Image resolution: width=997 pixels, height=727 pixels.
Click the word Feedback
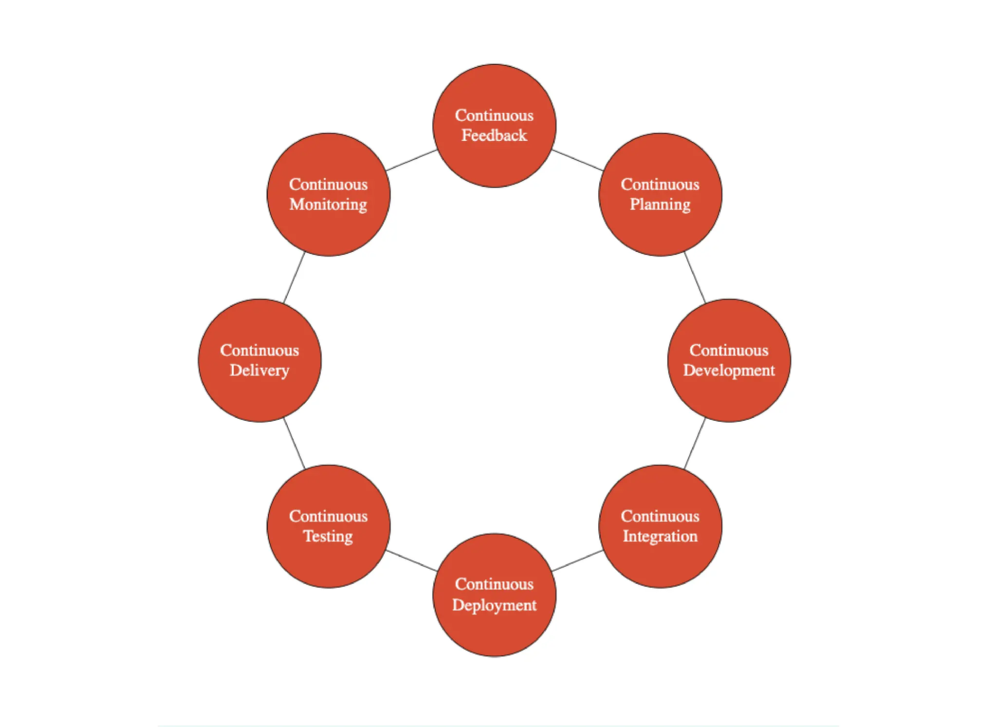(494, 135)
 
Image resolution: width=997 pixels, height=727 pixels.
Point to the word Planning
(660, 205)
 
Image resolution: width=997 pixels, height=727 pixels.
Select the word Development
(729, 371)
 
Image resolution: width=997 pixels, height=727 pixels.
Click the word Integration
(660, 536)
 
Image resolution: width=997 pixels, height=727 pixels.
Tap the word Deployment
(494, 605)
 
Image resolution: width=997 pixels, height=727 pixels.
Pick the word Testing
(329, 536)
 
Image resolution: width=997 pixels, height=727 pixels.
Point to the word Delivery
(259, 371)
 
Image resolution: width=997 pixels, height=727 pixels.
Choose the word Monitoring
(329, 205)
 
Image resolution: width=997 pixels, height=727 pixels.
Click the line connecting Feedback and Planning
(577, 160)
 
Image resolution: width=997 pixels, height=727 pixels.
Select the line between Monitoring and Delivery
(294, 278)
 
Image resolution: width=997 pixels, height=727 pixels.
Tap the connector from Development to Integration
(695, 444)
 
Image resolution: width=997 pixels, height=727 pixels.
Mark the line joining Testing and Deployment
(411, 560)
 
